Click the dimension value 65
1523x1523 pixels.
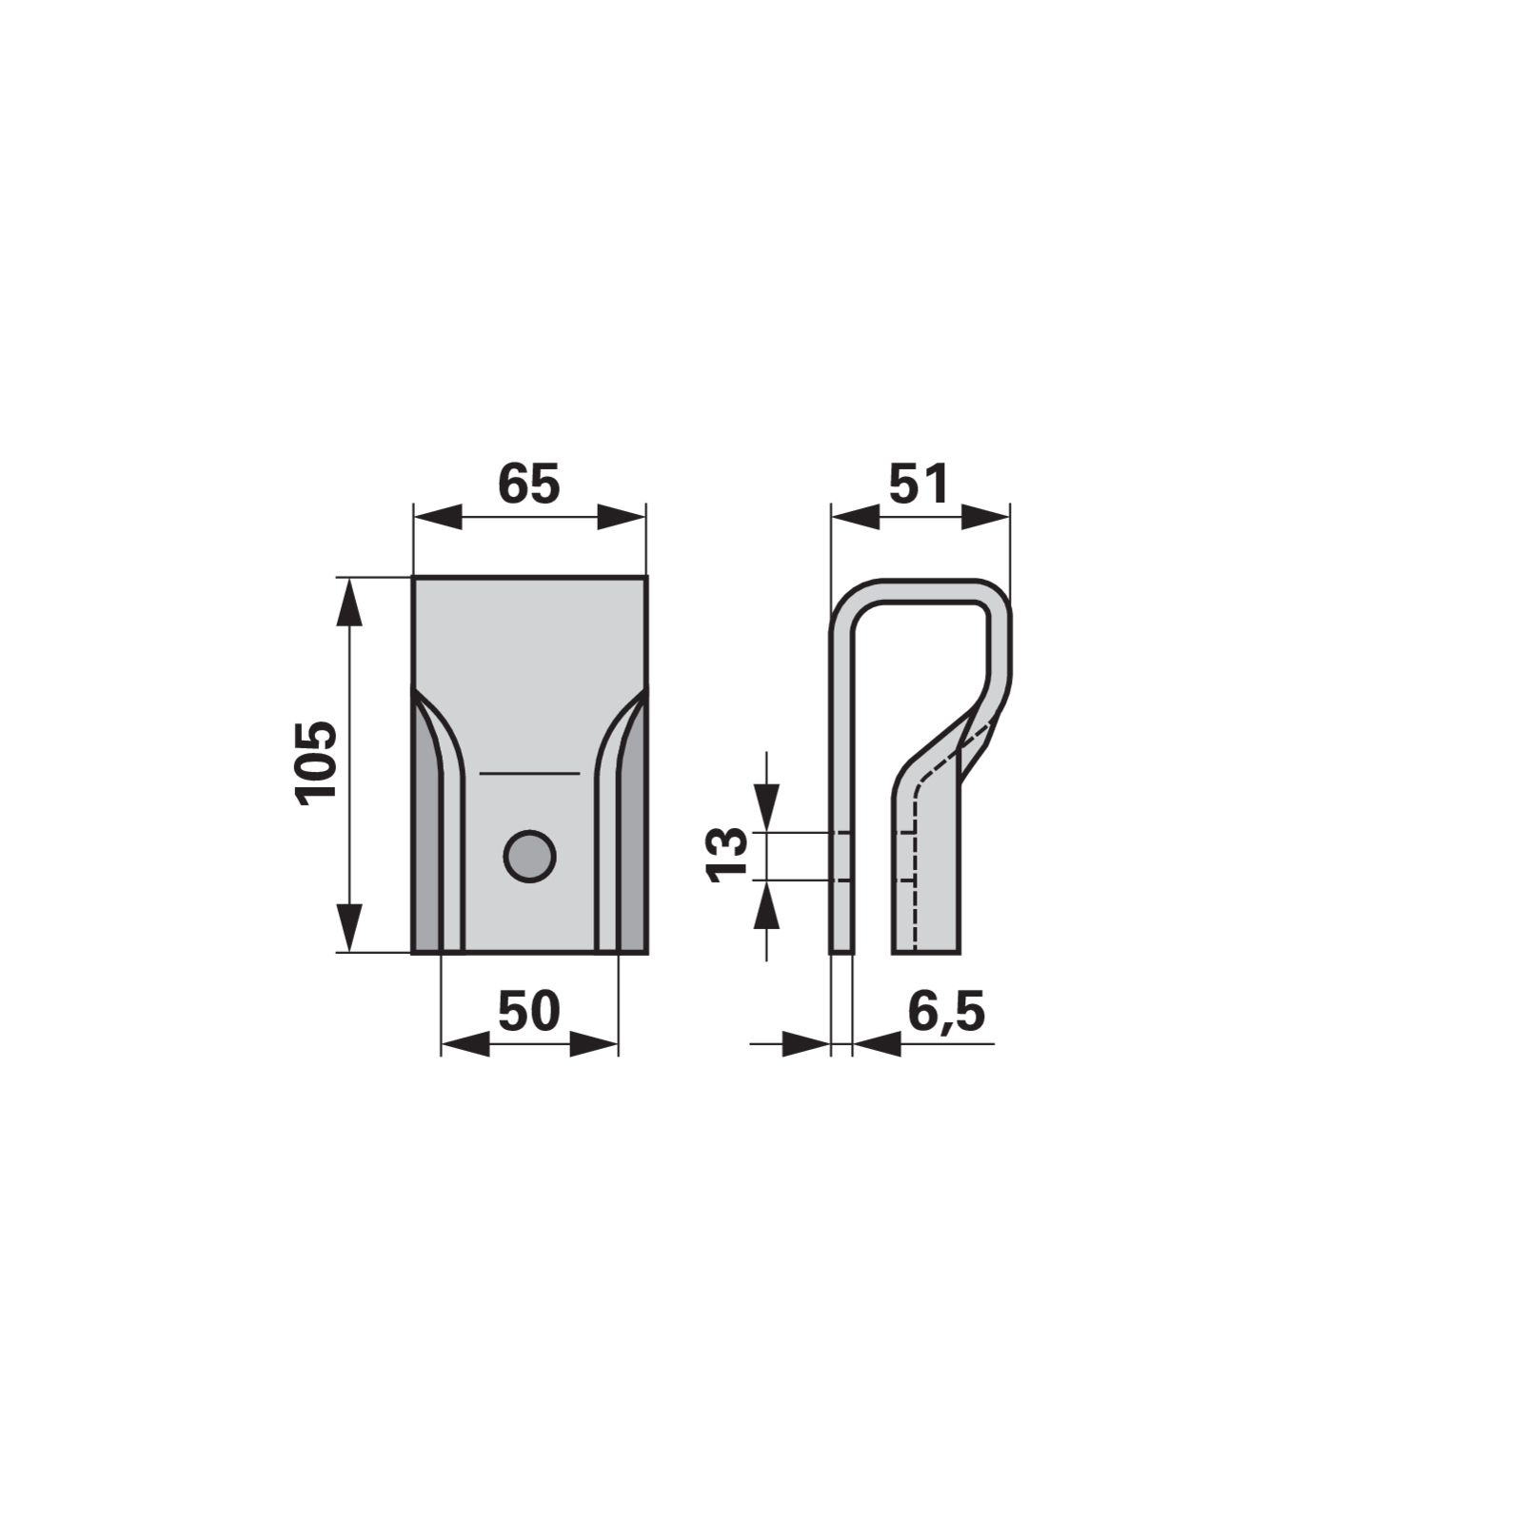529,485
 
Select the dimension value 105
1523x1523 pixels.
317,763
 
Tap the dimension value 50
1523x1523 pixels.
529,1012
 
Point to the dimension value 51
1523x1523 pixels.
919,485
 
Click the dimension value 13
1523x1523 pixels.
728,855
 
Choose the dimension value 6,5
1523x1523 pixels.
946,1012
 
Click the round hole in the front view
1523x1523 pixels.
529,855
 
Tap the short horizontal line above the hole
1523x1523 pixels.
529,773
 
